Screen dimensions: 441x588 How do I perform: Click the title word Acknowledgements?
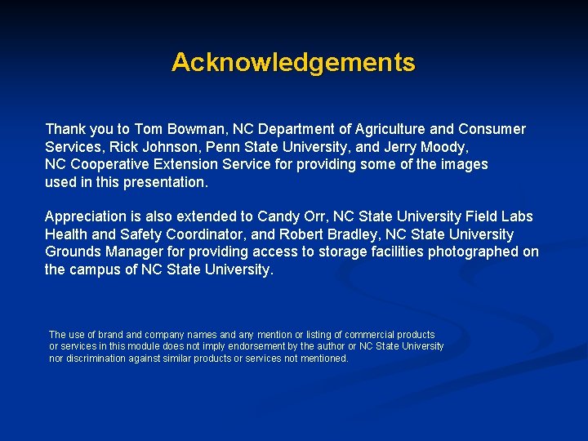[293, 63]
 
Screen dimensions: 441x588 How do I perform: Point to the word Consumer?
[492, 129]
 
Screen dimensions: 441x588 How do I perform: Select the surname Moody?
[441, 147]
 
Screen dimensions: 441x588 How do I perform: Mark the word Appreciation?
[86, 216]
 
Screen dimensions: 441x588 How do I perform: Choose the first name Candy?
[276, 216]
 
